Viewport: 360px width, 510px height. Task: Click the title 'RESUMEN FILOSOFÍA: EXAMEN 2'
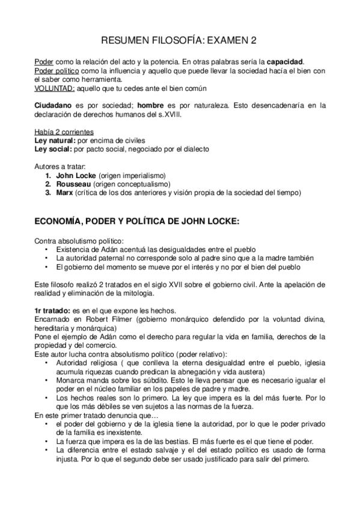pos(180,41)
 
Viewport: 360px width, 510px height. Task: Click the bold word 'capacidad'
pos(285,62)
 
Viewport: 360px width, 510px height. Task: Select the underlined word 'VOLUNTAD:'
pos(55,88)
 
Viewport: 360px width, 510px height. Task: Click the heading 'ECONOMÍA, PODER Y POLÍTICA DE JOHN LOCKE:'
pos(137,221)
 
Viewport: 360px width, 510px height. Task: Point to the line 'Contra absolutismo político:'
pos(75,240)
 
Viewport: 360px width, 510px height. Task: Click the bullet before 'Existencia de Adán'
pos(47,249)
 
